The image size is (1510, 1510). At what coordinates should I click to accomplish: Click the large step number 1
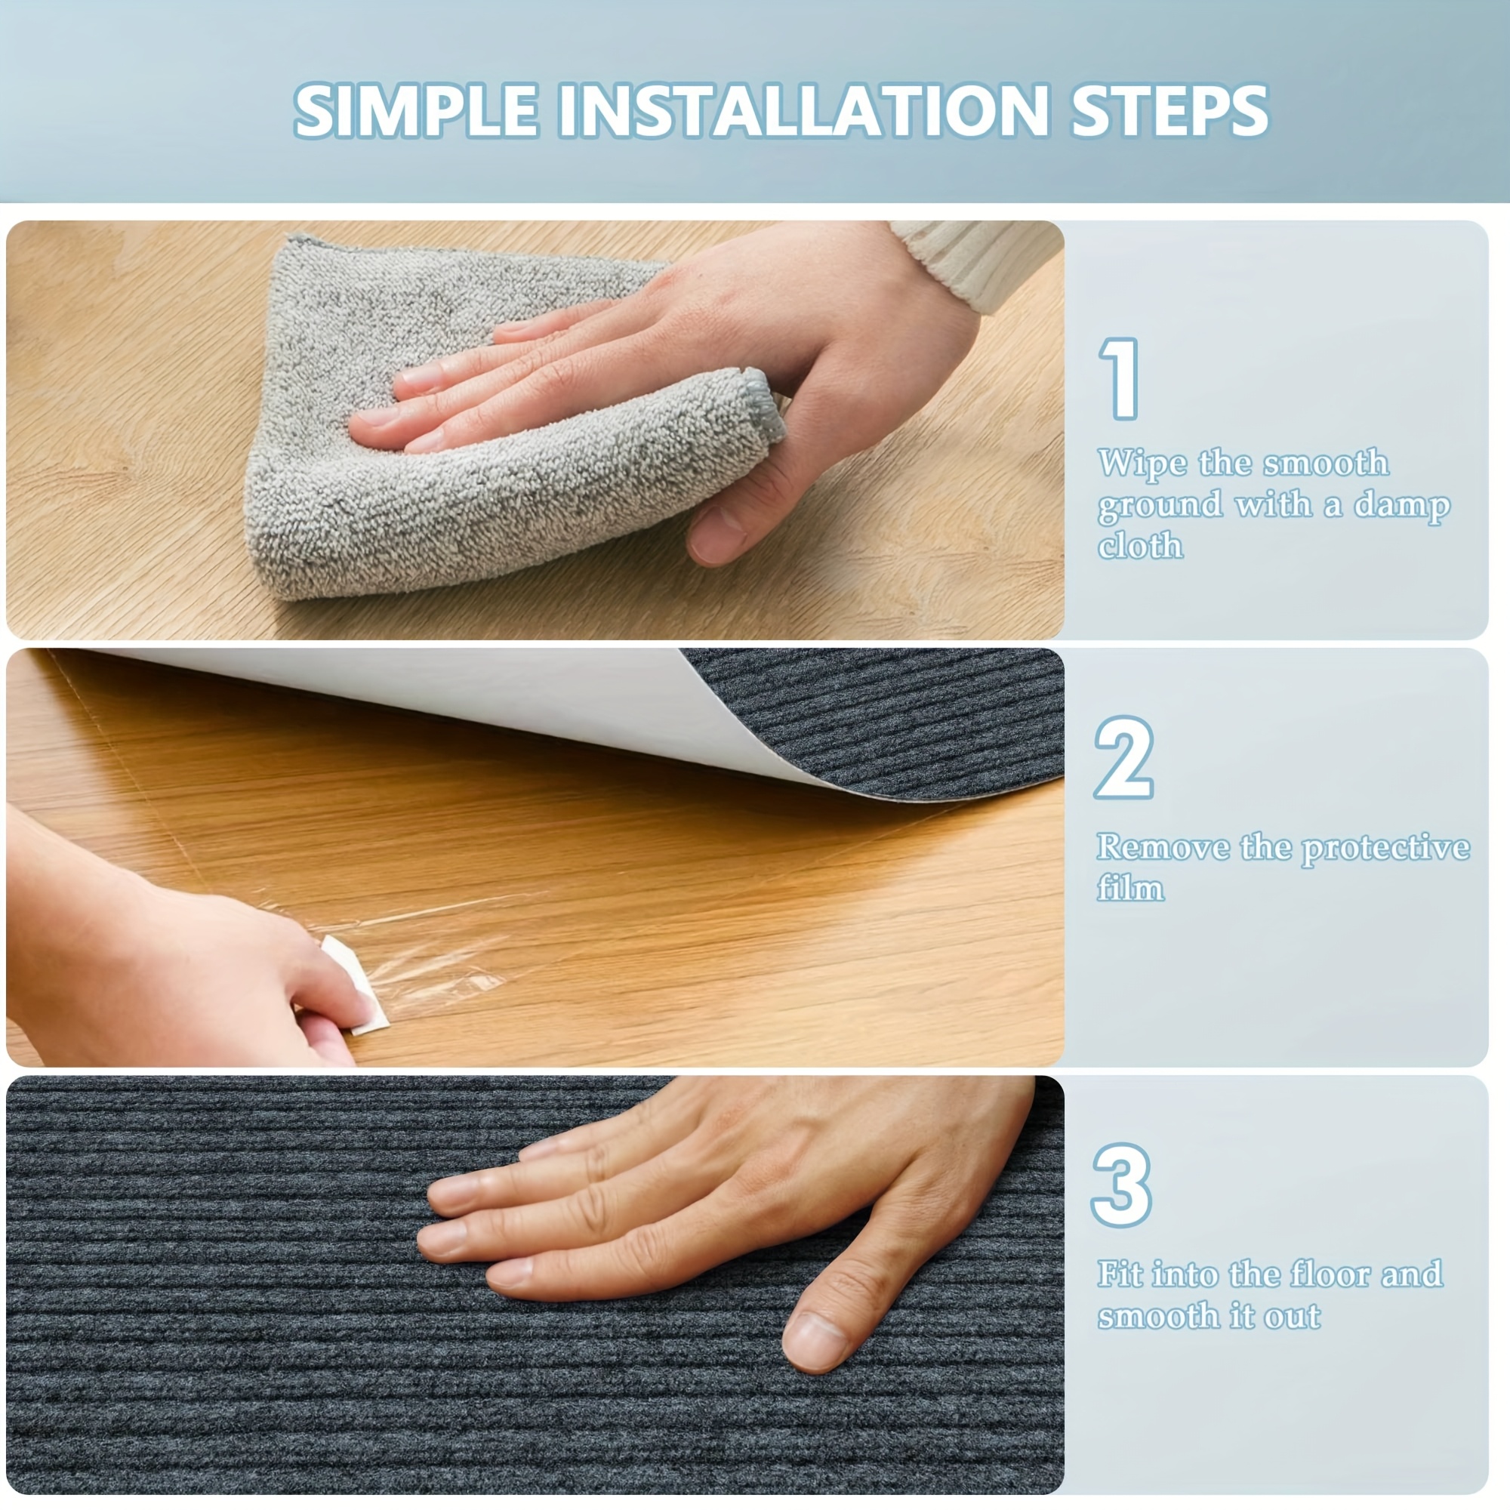click(1120, 379)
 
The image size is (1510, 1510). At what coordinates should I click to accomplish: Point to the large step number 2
click(1124, 757)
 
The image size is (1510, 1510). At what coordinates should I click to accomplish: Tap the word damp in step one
click(1402, 507)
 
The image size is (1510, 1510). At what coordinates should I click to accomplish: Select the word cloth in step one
click(1140, 545)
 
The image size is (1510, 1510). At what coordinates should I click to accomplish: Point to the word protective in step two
click(1385, 849)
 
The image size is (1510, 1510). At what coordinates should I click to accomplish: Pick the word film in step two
click(1130, 888)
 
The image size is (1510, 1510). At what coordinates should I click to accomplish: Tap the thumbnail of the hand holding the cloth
click(535, 429)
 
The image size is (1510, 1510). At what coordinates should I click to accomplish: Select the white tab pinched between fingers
click(356, 984)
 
